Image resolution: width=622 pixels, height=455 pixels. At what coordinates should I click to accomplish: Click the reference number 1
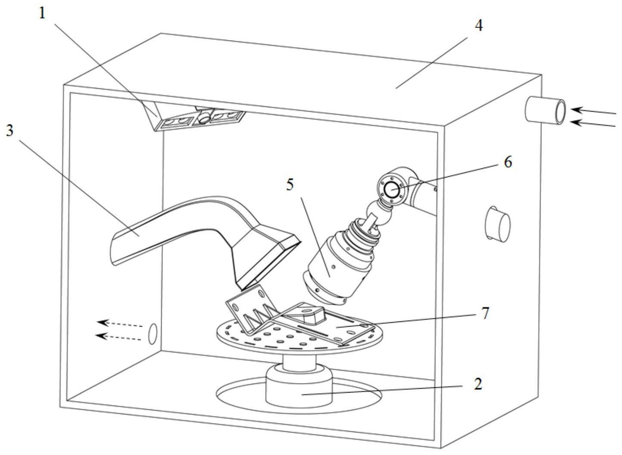(42, 13)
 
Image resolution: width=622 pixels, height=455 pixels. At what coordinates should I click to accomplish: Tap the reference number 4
(478, 26)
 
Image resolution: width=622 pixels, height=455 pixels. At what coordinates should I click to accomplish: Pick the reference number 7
(486, 313)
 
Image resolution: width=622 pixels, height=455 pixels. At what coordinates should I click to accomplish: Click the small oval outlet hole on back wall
(152, 334)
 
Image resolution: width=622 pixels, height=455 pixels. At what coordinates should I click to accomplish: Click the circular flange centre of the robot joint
(392, 189)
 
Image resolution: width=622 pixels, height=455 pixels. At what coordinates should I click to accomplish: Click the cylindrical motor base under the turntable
(300, 386)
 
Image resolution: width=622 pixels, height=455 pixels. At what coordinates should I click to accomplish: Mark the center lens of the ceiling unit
(204, 117)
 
